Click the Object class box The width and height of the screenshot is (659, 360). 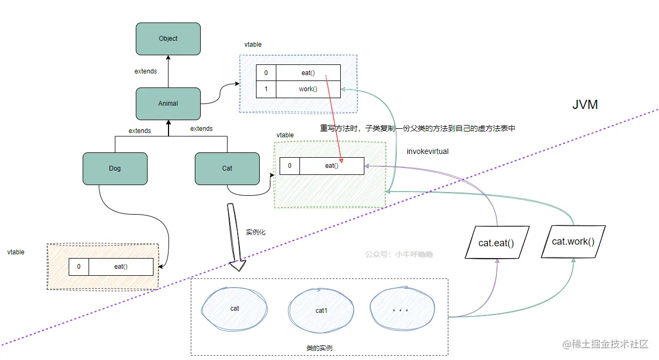(x=168, y=39)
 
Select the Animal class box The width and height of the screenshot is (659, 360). (x=168, y=104)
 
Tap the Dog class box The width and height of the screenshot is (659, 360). (x=115, y=168)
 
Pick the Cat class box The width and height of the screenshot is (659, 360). (x=227, y=168)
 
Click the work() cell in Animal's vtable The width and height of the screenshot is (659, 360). (x=308, y=89)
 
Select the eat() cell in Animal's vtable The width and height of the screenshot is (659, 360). (x=308, y=72)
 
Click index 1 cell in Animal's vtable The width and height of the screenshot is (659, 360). (x=266, y=89)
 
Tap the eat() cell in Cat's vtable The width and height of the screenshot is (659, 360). (x=332, y=166)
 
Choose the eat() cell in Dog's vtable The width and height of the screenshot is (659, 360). (x=121, y=267)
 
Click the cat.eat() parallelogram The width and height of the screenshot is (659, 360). (x=496, y=243)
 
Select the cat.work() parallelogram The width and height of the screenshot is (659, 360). (x=573, y=241)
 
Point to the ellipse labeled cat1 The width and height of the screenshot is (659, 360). (x=321, y=310)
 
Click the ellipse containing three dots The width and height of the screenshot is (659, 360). (x=402, y=309)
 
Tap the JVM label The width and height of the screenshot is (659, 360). (x=585, y=105)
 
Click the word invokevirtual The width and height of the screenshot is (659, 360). (x=428, y=151)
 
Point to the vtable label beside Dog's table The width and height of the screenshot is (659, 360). (x=16, y=252)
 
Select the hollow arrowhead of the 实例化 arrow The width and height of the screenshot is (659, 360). (x=238, y=265)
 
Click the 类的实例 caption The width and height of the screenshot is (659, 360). (x=319, y=348)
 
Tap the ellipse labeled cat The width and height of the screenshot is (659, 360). (x=235, y=309)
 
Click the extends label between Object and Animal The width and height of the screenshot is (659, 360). (x=145, y=71)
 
